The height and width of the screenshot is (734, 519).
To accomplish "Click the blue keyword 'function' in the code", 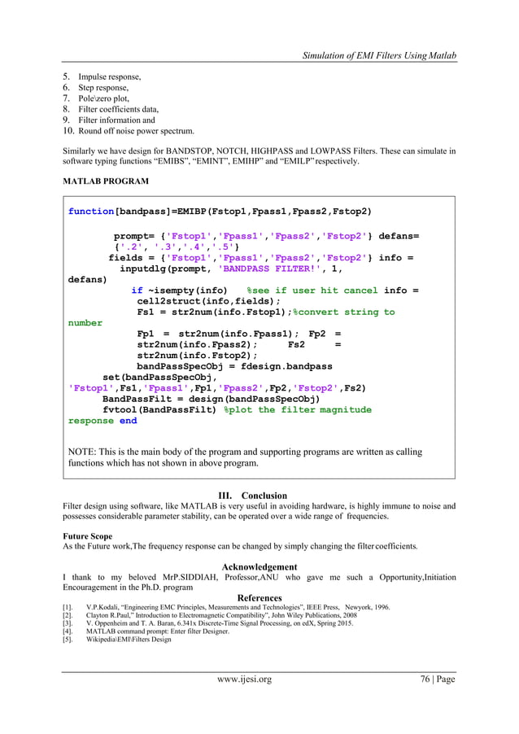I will (91, 212).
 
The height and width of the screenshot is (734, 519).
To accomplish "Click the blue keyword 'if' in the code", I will (137, 290).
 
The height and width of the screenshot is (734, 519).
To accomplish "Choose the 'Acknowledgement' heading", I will (259, 567).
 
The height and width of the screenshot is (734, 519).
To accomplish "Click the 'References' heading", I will (259, 598).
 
